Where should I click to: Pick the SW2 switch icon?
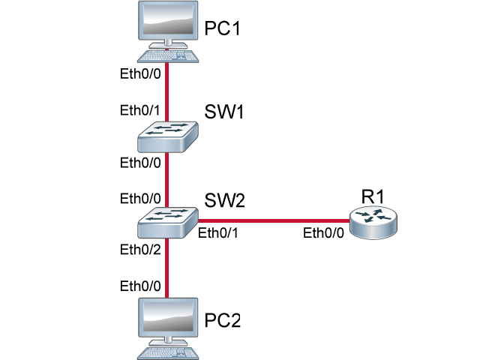click(167, 220)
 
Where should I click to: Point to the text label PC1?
click(223, 28)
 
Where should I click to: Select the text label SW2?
click(225, 201)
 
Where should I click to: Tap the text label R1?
click(373, 196)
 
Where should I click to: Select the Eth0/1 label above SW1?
click(140, 110)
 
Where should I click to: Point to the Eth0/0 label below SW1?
click(140, 162)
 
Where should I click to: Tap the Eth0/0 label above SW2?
click(140, 198)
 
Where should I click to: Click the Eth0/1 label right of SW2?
click(218, 233)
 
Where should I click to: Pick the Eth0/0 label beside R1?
click(323, 233)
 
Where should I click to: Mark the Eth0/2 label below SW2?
click(140, 250)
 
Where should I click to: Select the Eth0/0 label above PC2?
click(140, 286)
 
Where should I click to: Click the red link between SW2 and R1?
click(273, 220)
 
